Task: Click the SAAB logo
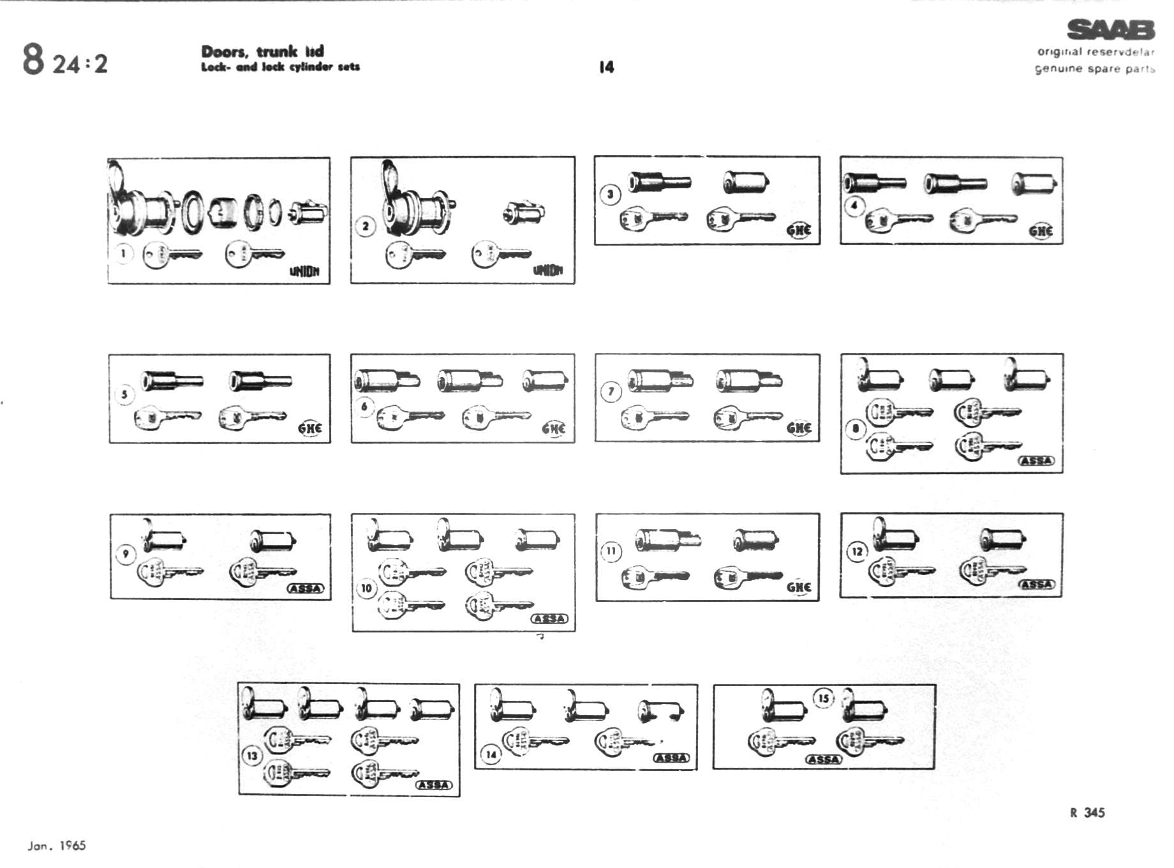[1111, 30]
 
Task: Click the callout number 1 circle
[123, 253]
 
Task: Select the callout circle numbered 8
[856, 428]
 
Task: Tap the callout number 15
[824, 698]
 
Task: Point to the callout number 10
[366, 588]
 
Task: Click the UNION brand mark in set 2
[548, 271]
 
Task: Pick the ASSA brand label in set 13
[434, 785]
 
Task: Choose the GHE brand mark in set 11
[799, 587]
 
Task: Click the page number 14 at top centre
[606, 67]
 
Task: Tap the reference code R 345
[1087, 812]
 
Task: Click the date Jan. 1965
[57, 846]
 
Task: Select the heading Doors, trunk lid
[262, 51]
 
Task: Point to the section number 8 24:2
[65, 60]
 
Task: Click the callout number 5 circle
[124, 394]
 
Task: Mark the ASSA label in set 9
[306, 588]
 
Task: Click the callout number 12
[857, 551]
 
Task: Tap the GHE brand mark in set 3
[799, 230]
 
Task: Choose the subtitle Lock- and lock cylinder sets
[280, 67]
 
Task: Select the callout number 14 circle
[491, 754]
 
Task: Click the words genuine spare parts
[1094, 69]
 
